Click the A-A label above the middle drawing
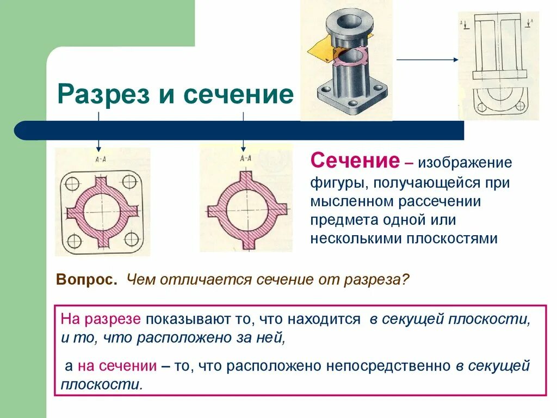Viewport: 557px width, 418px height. click(x=245, y=158)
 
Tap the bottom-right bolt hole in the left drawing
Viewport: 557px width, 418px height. click(x=131, y=238)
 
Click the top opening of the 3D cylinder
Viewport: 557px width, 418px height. click(x=346, y=21)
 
